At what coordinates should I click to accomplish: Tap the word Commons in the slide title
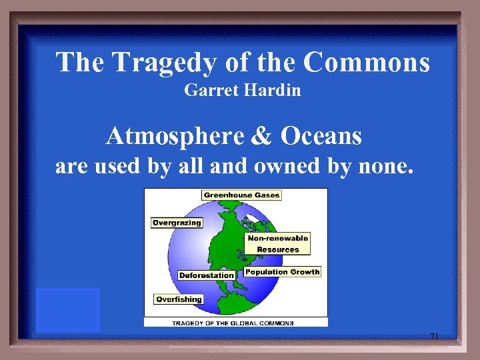click(367, 63)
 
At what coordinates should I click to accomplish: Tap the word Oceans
click(321, 136)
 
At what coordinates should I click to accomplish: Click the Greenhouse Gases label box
click(241, 195)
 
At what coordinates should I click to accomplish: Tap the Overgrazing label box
click(177, 223)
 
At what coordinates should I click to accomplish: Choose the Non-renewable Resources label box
click(277, 243)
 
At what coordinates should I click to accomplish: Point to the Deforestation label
click(207, 275)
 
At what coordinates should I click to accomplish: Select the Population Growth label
click(282, 272)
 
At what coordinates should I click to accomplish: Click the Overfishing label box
click(179, 299)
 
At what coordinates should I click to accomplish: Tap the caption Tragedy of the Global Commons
click(233, 323)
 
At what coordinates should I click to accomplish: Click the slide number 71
click(434, 337)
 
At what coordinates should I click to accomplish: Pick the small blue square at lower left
click(68, 310)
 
